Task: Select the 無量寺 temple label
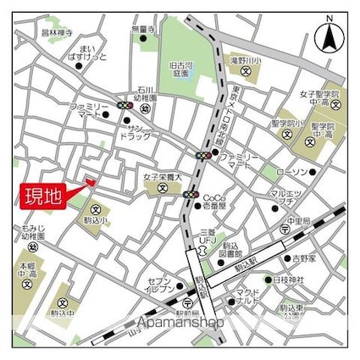click(143, 30)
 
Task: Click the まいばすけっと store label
click(88, 56)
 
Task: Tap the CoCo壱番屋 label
click(214, 201)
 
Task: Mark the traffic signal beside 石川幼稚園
click(124, 105)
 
